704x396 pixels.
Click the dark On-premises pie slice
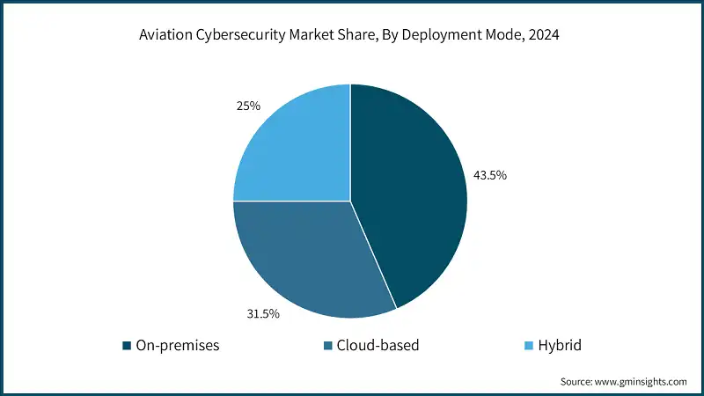[409, 194]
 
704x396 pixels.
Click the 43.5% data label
[489, 175]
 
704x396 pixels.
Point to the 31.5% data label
[263, 313]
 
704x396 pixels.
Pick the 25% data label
[248, 106]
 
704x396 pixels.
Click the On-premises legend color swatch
[127, 346]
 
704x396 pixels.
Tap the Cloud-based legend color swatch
[327, 346]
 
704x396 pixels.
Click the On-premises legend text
[177, 346]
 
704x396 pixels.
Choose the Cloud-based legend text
[378, 346]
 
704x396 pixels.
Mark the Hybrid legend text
[560, 346]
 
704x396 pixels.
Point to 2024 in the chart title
[543, 38]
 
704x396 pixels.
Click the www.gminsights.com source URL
[642, 381]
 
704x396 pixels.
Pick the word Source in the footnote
[577, 381]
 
